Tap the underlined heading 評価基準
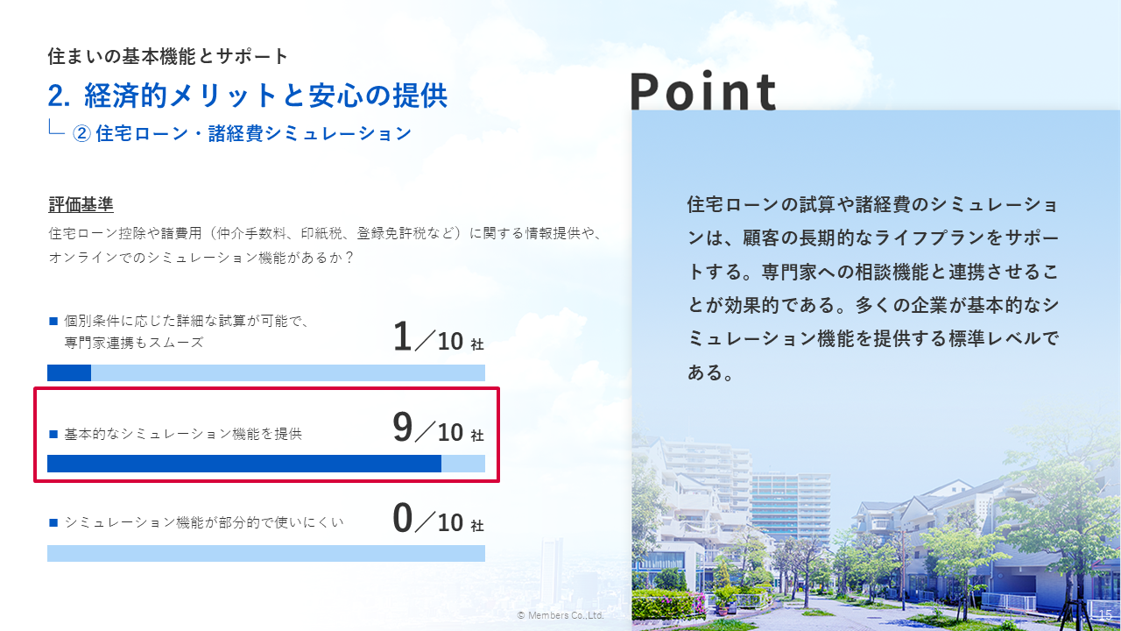pos(81,204)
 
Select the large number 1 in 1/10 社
pos(402,336)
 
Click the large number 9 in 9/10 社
pos(402,427)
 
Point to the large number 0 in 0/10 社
pos(402,518)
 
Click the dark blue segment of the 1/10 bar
pos(69,373)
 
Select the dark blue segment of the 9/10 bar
pos(244,464)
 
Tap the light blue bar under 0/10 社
pos(266,553)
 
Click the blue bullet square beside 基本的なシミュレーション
pos(53,434)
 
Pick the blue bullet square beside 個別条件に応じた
pos(53,321)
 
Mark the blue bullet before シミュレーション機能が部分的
pos(53,523)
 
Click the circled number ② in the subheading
pos(81,134)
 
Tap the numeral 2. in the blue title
pos(59,96)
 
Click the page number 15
pos(1105,614)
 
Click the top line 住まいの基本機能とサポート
pos(167,56)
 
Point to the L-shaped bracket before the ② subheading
pos(56,127)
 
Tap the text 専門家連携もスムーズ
pos(134,343)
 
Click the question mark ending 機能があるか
pos(349,258)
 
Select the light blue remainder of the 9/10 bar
pos(463,464)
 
